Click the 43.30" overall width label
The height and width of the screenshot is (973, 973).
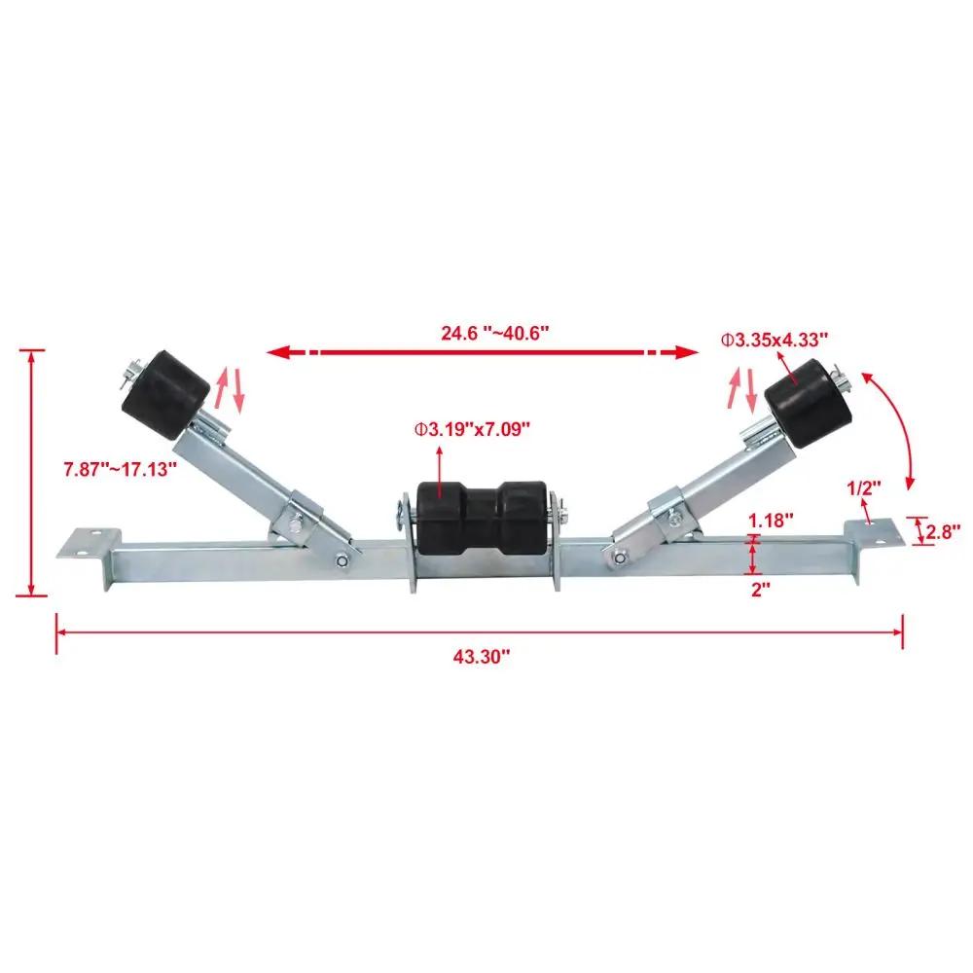pyautogui.click(x=481, y=657)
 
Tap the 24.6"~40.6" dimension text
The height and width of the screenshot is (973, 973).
pyautogui.click(x=495, y=333)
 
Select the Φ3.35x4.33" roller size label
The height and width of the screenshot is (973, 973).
pyautogui.click(x=775, y=340)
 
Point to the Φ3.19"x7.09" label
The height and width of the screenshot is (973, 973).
pyautogui.click(x=473, y=429)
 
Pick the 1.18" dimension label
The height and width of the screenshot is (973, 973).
pyautogui.click(x=771, y=520)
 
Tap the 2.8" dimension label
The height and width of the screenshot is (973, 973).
pyautogui.click(x=944, y=531)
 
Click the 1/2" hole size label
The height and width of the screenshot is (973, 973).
pyautogui.click(x=864, y=488)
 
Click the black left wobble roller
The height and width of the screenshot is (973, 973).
pyautogui.click(x=165, y=395)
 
